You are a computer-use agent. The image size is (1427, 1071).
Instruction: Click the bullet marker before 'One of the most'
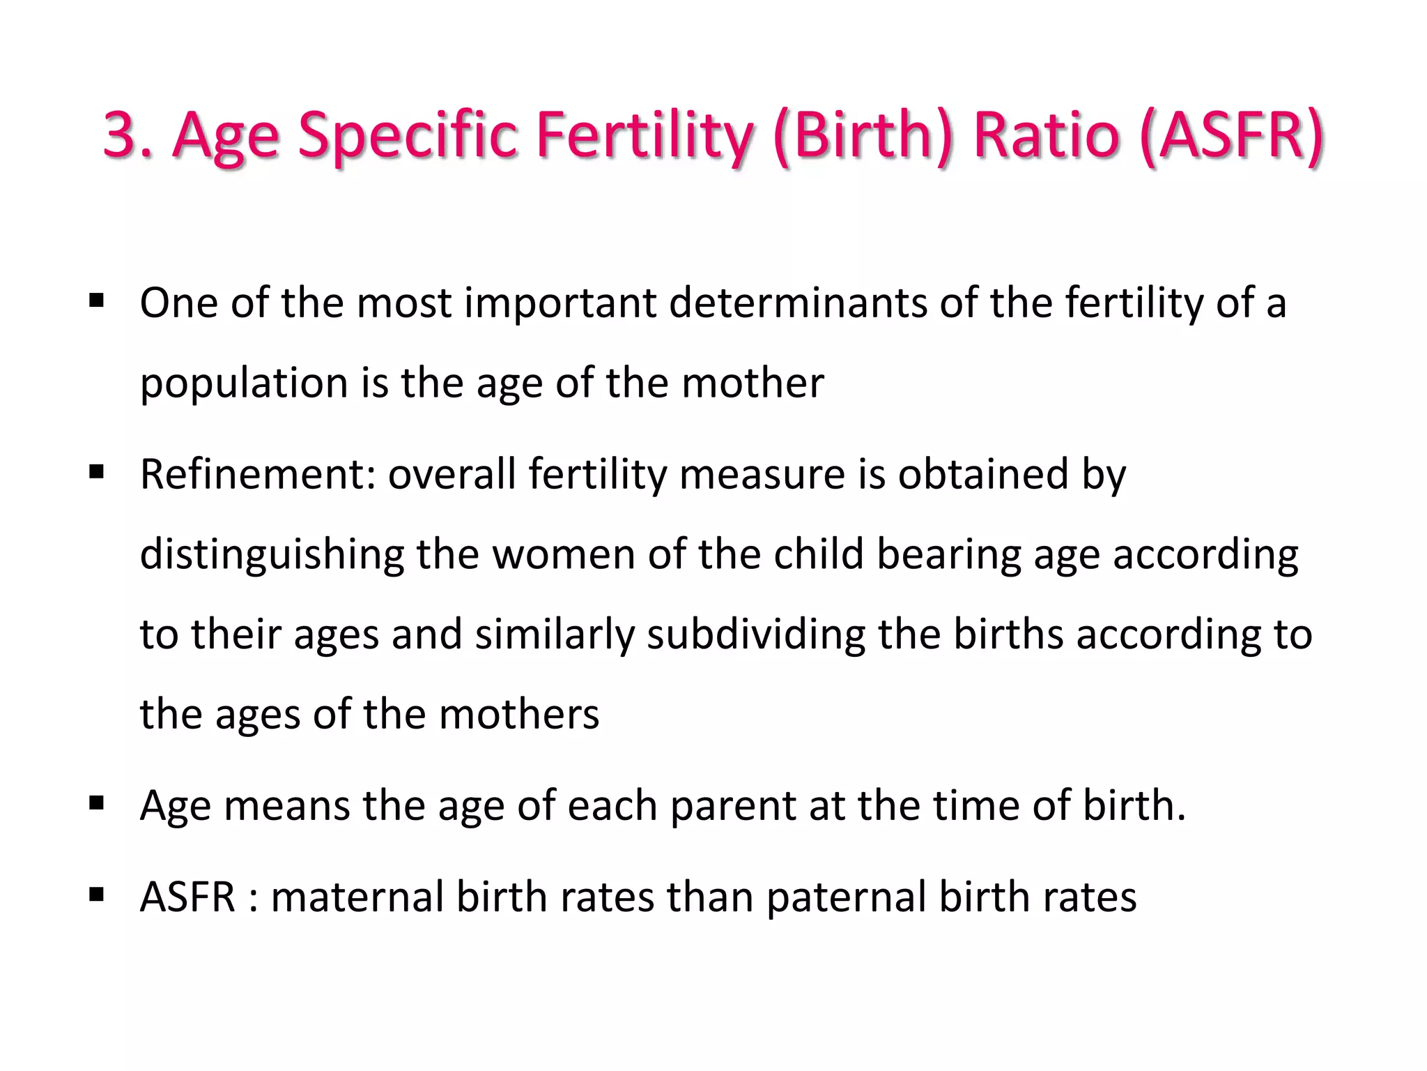pyautogui.click(x=96, y=302)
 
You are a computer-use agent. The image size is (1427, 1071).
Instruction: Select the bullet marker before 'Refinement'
pyautogui.click(x=96, y=473)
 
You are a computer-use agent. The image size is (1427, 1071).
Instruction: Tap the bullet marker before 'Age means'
pyautogui.click(x=96, y=804)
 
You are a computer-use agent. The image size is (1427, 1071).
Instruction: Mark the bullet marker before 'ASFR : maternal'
pyautogui.click(x=96, y=895)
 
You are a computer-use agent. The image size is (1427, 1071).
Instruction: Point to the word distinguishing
pyautogui.click(x=272, y=555)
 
